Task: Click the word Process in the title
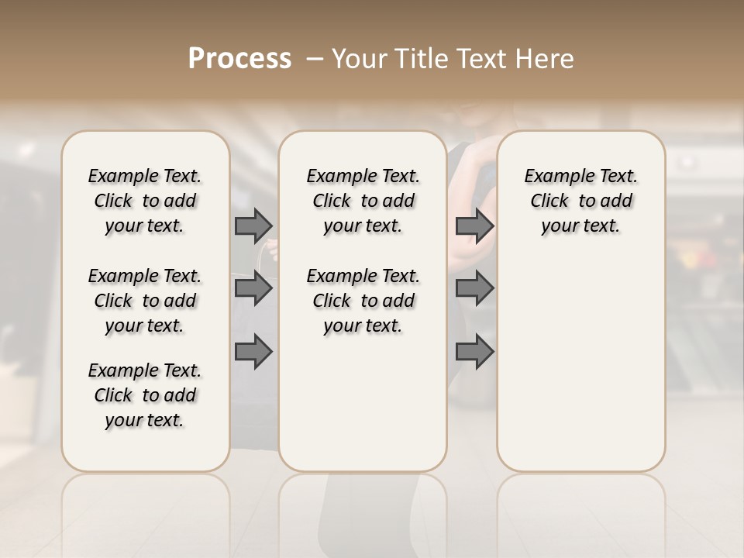pos(239,58)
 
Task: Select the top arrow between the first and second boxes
pos(253,226)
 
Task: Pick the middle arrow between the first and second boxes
pos(253,289)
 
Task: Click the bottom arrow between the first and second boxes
pos(253,352)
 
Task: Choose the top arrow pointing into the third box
pos(474,226)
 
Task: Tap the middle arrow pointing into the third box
pos(474,289)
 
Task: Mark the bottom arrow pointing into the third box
pos(474,352)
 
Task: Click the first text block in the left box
pos(145,201)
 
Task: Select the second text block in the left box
pos(145,301)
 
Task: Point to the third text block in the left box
pos(145,395)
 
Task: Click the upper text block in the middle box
pos(363,201)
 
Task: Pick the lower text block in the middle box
pos(363,301)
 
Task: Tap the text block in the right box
pos(580,201)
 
